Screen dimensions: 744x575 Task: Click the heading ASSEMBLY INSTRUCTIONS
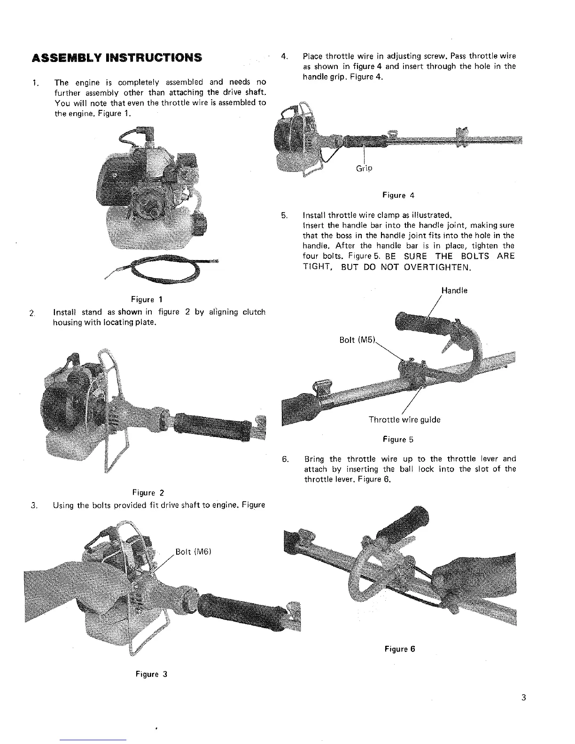[117, 58]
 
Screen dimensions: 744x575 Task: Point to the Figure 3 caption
[151, 674]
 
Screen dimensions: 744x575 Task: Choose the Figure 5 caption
[398, 440]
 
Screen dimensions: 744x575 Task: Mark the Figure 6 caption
[400, 649]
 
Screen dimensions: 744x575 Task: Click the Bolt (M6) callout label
[194, 551]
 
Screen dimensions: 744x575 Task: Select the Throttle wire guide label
[404, 419]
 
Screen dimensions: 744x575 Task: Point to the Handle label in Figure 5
[454, 291]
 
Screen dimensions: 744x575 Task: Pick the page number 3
[523, 697]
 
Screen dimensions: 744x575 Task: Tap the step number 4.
[284, 56]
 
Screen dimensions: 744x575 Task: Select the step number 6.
[285, 458]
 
